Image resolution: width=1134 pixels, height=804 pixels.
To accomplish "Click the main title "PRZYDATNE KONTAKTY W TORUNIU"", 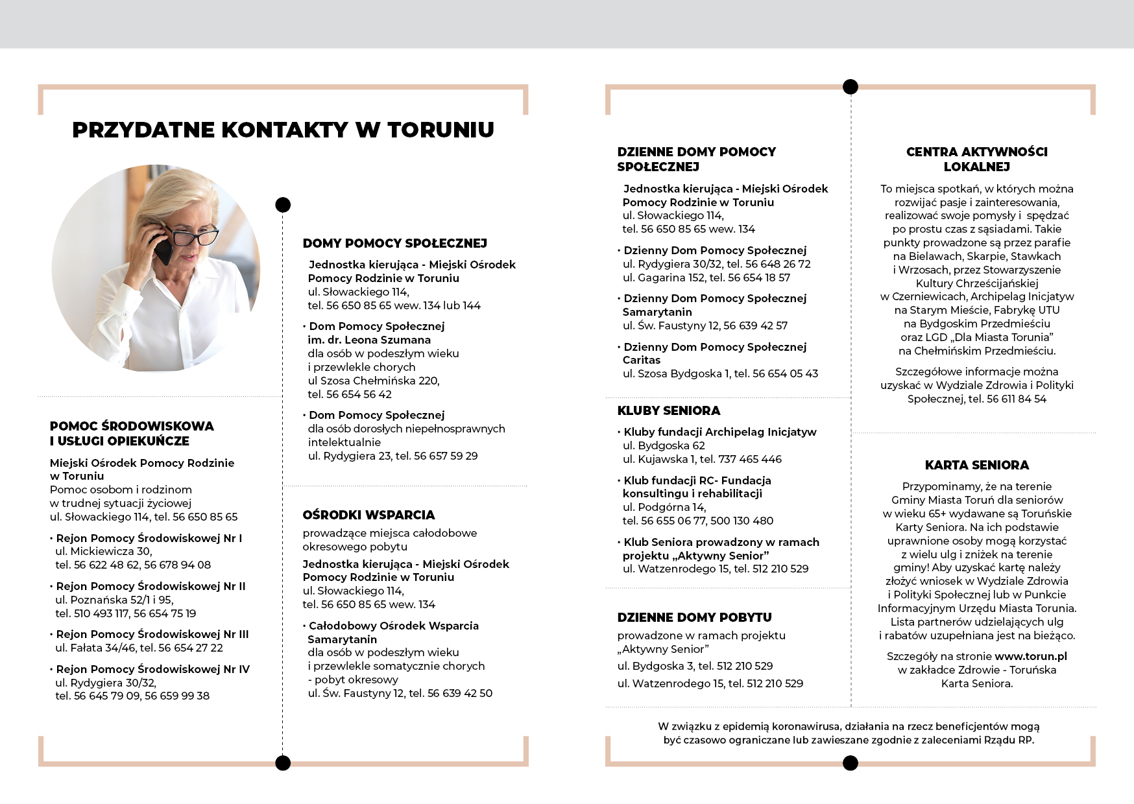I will pyautogui.click(x=283, y=130).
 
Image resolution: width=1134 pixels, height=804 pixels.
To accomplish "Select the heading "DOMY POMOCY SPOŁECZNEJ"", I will pyautogui.click(x=394, y=243).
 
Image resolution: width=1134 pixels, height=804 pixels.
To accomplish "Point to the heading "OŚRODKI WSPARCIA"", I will pyautogui.click(x=368, y=515).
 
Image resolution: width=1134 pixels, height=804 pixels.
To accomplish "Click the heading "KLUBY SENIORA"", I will pyautogui.click(x=668, y=410).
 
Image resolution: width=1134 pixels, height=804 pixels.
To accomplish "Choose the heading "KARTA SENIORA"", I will pyautogui.click(x=976, y=465).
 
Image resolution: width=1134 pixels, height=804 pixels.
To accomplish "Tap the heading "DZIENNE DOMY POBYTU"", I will pyautogui.click(x=694, y=617).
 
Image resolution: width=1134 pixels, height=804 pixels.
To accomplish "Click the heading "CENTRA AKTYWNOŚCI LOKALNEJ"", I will pyautogui.click(x=976, y=159).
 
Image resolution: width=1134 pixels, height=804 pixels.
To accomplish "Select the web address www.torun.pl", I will pyautogui.click(x=1030, y=656).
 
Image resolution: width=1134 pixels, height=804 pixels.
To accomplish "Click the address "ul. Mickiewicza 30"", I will pyautogui.click(x=103, y=551).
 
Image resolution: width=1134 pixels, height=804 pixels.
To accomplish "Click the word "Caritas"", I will pyautogui.click(x=641, y=360).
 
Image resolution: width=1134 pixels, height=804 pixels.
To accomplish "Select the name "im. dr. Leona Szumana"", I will pyautogui.click(x=368, y=340).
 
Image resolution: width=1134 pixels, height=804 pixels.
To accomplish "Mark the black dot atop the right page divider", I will pyautogui.click(x=850, y=86).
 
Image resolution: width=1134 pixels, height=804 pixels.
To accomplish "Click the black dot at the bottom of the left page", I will pyautogui.click(x=283, y=763).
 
